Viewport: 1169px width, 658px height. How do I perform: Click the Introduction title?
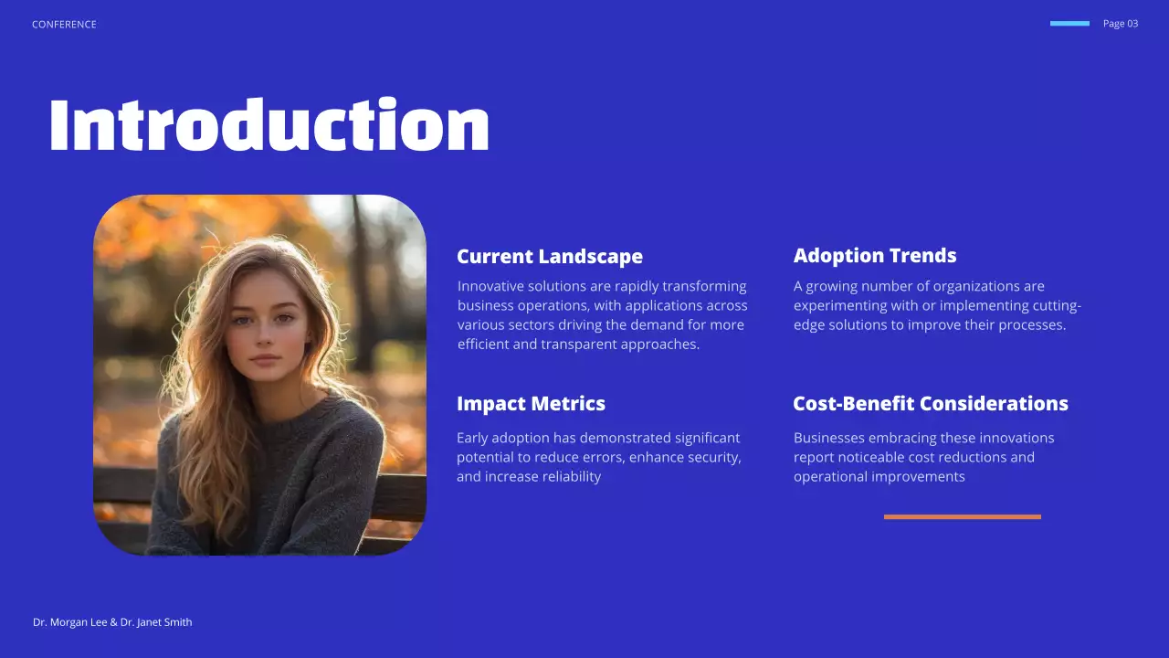[269, 126]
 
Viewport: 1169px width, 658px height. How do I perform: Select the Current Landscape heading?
[549, 257]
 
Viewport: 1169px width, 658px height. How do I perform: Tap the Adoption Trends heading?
[874, 256]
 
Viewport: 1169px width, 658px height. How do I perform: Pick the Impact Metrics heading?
[531, 404]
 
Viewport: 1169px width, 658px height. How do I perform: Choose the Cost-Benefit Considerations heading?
[930, 404]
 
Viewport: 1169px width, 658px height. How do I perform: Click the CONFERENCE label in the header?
[64, 25]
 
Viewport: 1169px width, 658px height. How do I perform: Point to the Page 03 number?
[1120, 24]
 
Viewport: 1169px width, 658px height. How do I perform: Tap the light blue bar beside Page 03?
[1069, 24]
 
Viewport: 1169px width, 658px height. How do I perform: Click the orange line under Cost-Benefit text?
[962, 516]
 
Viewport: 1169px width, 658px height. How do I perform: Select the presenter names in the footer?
[112, 622]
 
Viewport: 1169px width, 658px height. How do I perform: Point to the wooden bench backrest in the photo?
[400, 496]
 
